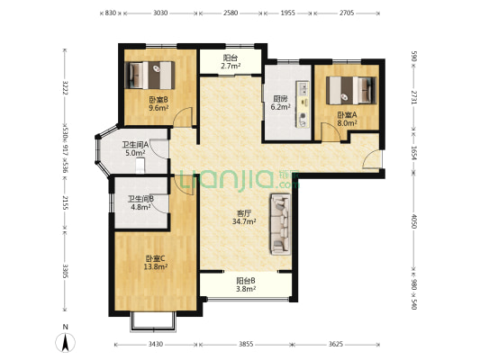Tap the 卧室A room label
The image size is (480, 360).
(347, 114)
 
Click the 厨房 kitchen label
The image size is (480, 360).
(280, 98)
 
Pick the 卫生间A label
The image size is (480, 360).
(136, 143)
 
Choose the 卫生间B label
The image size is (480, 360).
(139, 199)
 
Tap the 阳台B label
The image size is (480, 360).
(244, 280)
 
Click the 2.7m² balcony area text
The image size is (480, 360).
(231, 67)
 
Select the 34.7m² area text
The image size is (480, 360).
(243, 220)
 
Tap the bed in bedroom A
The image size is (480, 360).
(349, 89)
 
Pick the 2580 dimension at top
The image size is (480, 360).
(231, 14)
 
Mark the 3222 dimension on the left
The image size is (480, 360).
(65, 91)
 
